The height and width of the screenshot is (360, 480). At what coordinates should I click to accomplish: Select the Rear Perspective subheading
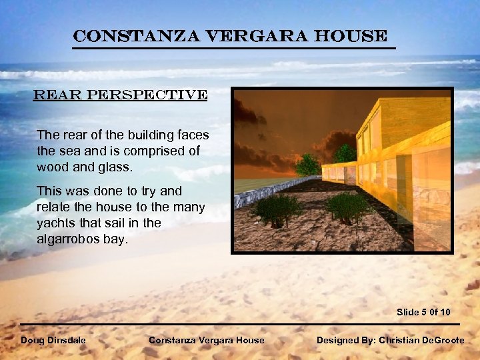tap(121, 95)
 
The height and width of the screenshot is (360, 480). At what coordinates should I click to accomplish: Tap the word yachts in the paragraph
tap(55, 223)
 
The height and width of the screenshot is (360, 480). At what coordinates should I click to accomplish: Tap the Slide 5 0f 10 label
tap(423, 312)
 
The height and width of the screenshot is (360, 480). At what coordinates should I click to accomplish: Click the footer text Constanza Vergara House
tap(206, 340)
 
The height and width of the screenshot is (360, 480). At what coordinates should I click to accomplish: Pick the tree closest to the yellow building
tap(345, 154)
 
